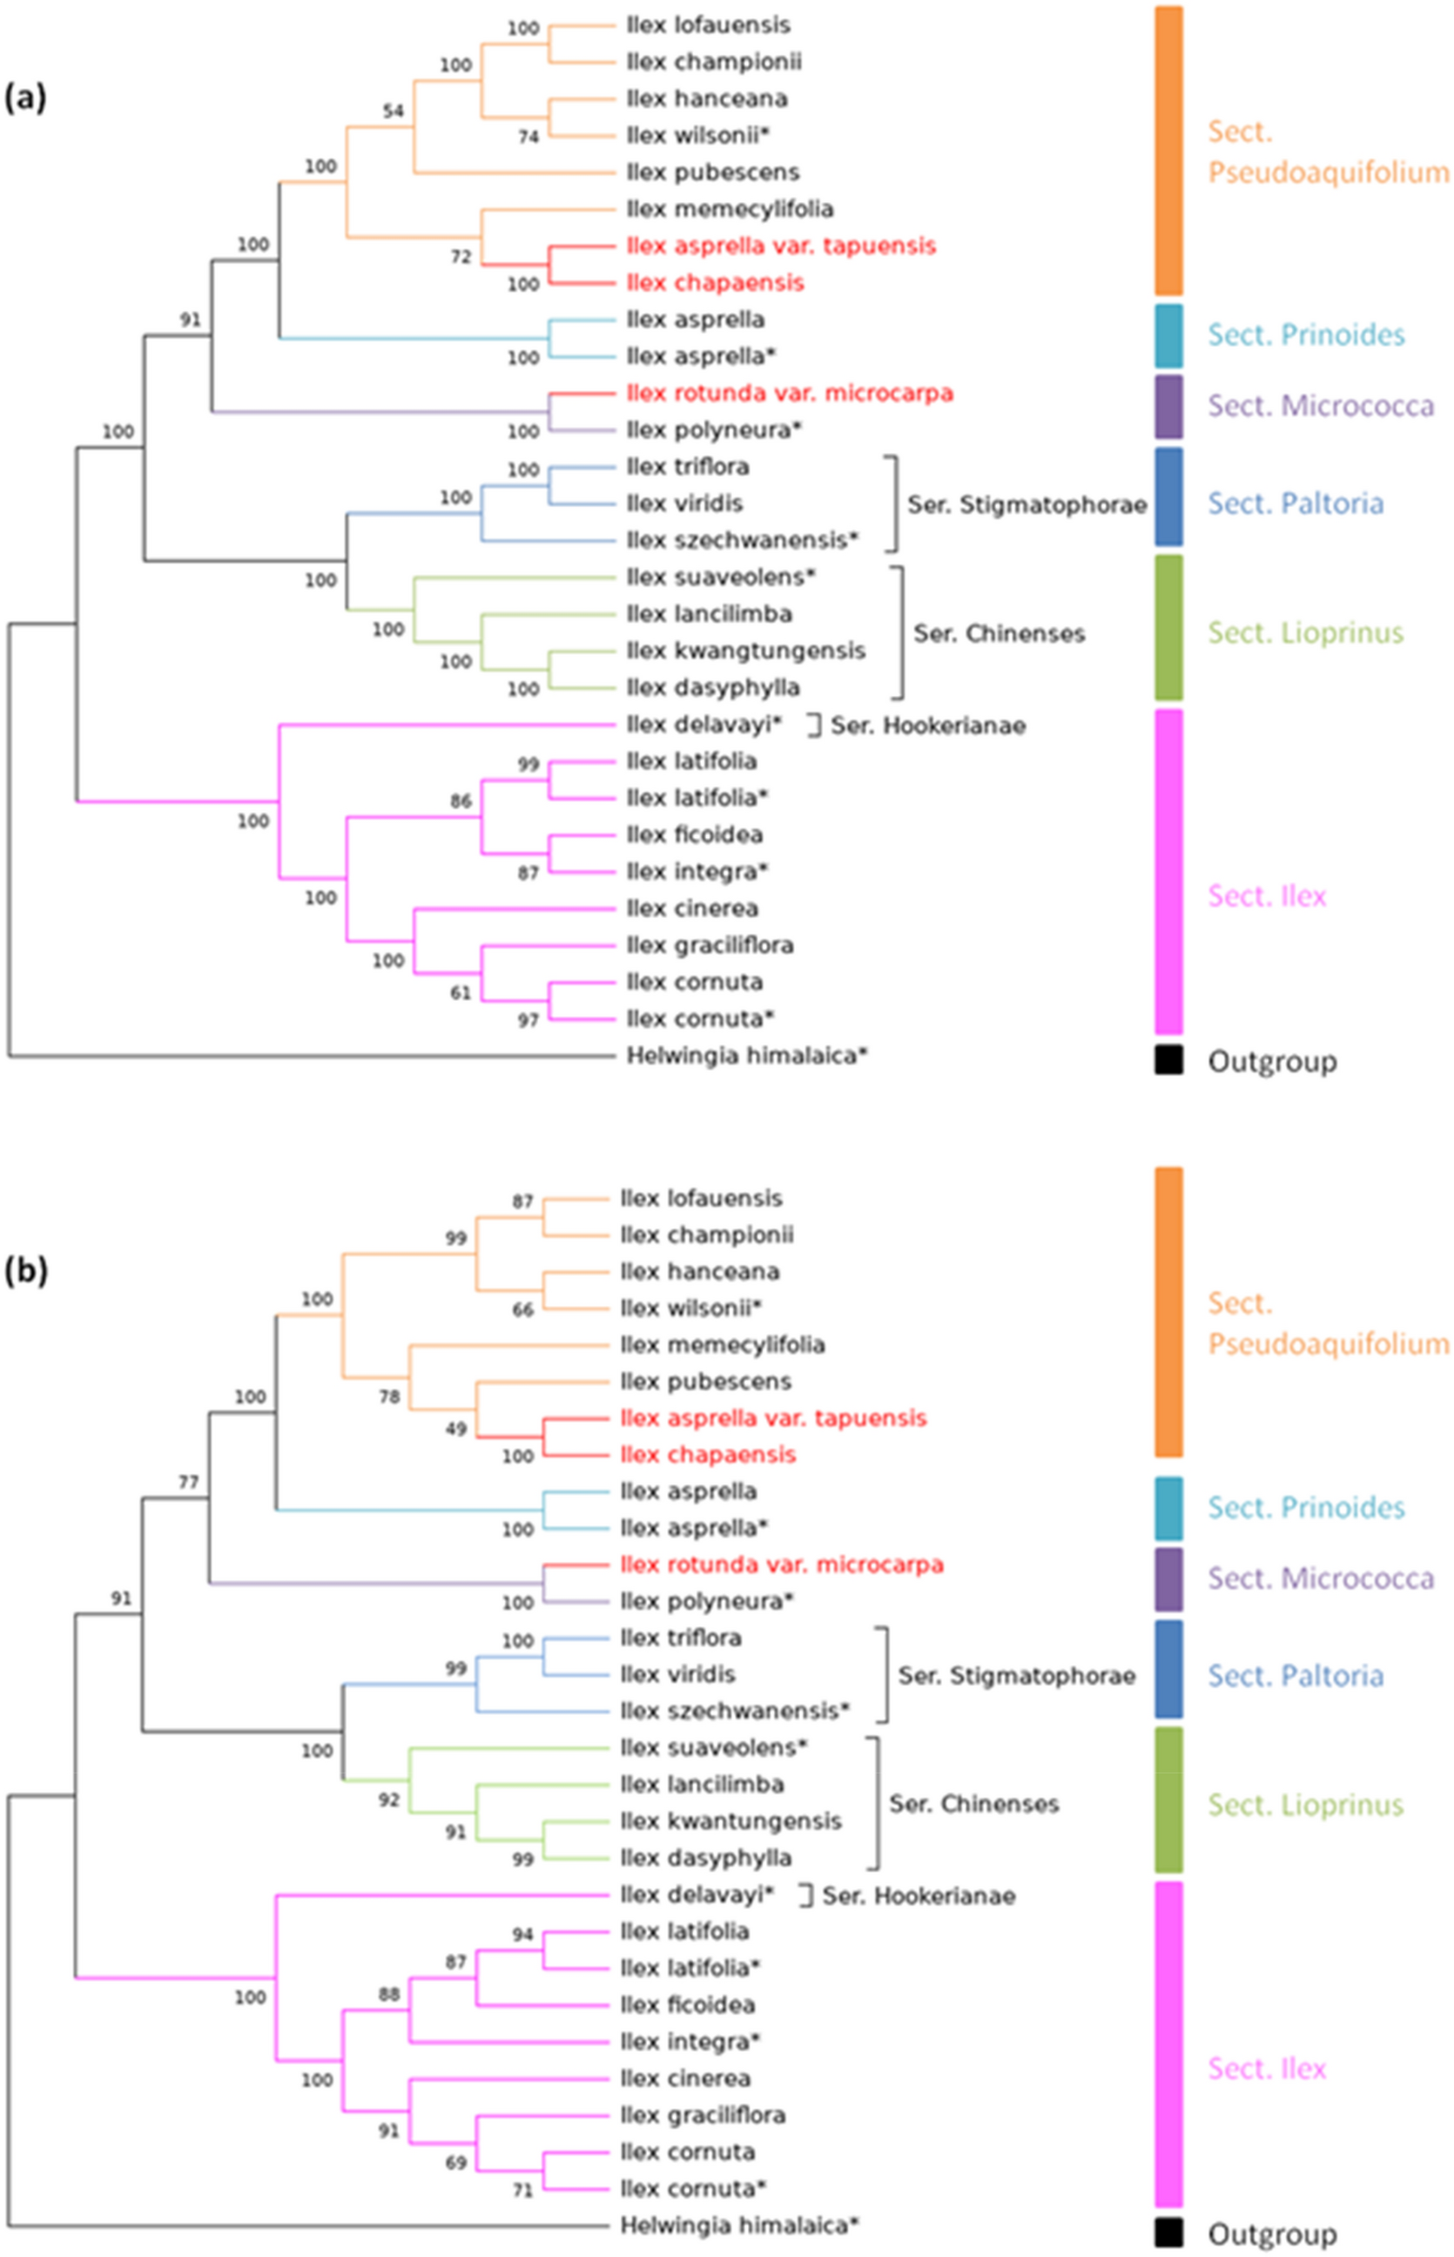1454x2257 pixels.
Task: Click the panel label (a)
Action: (25, 98)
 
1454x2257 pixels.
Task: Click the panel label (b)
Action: (25, 1271)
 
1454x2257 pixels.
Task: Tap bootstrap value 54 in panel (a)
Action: (393, 111)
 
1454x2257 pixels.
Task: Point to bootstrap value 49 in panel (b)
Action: (456, 1429)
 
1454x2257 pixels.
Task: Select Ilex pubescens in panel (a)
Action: (712, 172)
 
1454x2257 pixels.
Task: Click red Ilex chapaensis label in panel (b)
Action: (707, 1455)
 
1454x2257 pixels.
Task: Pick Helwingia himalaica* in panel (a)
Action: (746, 1055)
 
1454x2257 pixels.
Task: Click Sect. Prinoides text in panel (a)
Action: (1306, 334)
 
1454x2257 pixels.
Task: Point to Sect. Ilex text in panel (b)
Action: (1266, 2069)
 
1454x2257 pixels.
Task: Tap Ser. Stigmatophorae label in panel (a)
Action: (1027, 504)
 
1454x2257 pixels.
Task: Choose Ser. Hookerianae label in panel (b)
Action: (918, 1895)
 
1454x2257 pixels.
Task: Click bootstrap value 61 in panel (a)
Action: (460, 993)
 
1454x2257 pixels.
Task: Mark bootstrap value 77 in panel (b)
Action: (189, 1483)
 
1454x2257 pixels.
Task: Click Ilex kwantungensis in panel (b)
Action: (730, 1821)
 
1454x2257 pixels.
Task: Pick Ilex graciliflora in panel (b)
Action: (703, 2115)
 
